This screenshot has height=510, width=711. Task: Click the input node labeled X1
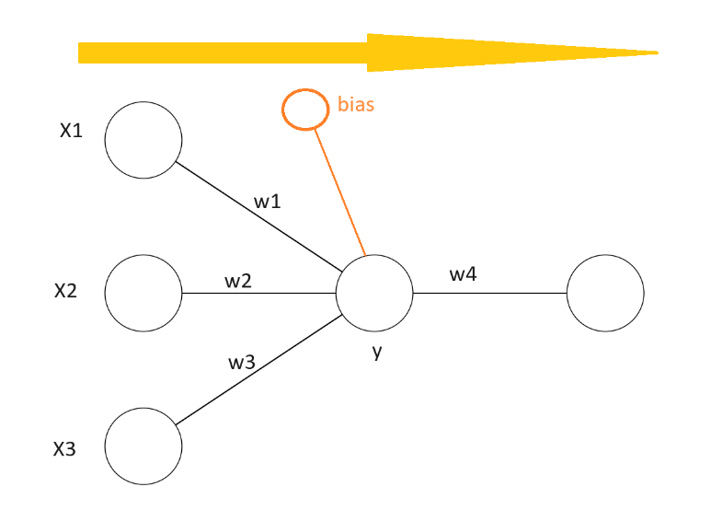pos(143,142)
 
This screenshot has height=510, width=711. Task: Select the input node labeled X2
pos(143,294)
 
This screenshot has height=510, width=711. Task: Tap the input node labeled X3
pos(143,446)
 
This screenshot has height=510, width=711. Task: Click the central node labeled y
pos(374,294)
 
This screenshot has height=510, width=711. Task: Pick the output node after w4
pos(605,294)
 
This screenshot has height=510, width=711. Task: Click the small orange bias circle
pos(304,109)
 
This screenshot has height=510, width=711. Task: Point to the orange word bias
pos(356,105)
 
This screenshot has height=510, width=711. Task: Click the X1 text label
pos(71,132)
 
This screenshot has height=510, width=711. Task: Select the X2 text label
pos(65,292)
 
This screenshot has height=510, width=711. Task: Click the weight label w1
pos(268,202)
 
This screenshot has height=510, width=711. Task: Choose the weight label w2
pos(238,281)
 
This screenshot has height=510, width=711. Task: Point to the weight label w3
pos(241,362)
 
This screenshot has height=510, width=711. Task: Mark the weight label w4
pos(463,273)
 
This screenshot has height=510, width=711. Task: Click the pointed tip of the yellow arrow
pos(656,52)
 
